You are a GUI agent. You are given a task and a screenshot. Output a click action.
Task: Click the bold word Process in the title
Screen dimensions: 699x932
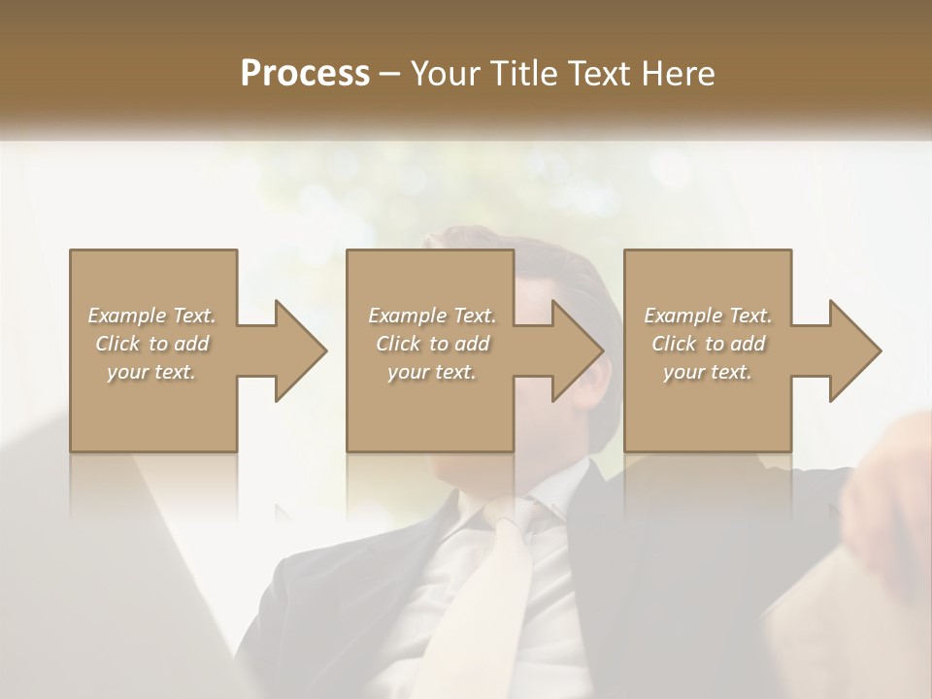305,73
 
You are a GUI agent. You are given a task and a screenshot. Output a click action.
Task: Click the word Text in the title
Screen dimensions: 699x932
600,73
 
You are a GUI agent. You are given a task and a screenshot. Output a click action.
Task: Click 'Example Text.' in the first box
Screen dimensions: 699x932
151,316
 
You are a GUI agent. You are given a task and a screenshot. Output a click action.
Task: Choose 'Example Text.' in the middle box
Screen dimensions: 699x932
432,316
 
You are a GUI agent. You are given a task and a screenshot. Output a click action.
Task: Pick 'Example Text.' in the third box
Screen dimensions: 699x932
708,316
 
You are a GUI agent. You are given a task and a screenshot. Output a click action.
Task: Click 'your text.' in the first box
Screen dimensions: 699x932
151,372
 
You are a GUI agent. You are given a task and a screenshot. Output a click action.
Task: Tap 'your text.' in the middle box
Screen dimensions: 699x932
432,372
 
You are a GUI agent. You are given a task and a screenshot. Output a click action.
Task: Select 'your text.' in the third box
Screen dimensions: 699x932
708,372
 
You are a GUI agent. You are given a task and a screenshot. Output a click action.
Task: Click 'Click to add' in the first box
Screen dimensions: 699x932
151,344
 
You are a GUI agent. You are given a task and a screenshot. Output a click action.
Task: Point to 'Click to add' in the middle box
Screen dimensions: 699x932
432,344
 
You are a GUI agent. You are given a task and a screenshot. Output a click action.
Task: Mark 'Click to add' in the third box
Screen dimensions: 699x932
708,344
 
